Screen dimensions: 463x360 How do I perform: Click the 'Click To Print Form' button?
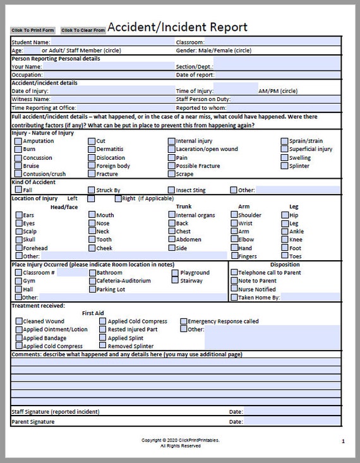[33, 30]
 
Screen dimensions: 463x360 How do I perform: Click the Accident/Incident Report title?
[177, 27]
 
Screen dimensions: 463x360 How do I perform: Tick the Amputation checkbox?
[18, 141]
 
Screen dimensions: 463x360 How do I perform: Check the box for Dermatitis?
[92, 149]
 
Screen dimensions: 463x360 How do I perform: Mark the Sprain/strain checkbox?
[285, 141]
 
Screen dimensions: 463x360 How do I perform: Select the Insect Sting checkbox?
[172, 189]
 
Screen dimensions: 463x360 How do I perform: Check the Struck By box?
[92, 189]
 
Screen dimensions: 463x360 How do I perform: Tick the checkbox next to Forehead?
[18, 248]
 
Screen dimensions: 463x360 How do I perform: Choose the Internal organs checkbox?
[172, 215]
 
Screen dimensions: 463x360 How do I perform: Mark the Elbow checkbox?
[234, 239]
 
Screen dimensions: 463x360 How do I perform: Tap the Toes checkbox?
[285, 256]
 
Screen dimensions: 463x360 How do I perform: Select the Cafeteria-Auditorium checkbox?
[92, 280]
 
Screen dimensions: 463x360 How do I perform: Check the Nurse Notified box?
[234, 289]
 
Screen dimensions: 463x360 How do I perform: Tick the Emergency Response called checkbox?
[184, 321]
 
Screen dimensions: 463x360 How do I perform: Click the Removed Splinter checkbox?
[103, 346]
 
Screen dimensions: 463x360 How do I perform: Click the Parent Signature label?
[33, 421]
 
